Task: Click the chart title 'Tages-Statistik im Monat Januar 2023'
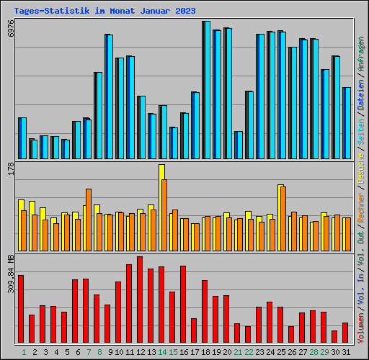[105, 11]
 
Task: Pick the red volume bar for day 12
[140, 301]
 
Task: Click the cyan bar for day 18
[207, 90]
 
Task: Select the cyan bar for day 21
[239, 145]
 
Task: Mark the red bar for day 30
[334, 337]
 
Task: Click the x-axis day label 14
[162, 352]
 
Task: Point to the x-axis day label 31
[346, 352]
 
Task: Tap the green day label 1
[24, 352]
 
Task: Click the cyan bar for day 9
[110, 96]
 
